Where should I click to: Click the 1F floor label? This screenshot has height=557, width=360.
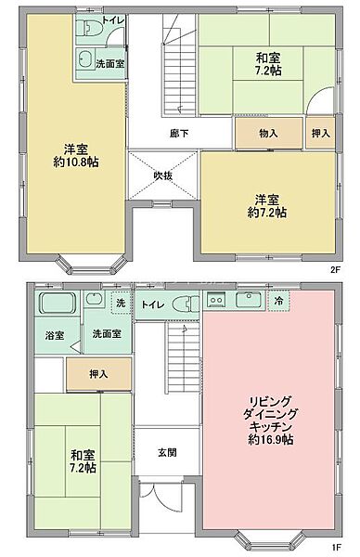click(x=335, y=547)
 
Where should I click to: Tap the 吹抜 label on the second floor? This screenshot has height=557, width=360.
click(x=164, y=175)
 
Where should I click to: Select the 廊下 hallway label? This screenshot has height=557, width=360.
click(x=179, y=134)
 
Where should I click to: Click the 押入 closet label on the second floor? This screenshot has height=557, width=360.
click(x=319, y=134)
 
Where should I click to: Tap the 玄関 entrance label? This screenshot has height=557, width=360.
click(x=167, y=452)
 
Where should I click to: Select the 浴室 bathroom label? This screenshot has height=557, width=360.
click(x=54, y=334)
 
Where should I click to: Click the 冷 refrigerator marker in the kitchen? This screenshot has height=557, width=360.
click(x=278, y=301)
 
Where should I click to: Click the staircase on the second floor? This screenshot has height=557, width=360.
click(x=174, y=70)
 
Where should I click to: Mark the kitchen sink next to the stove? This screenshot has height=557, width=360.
click(x=247, y=300)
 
